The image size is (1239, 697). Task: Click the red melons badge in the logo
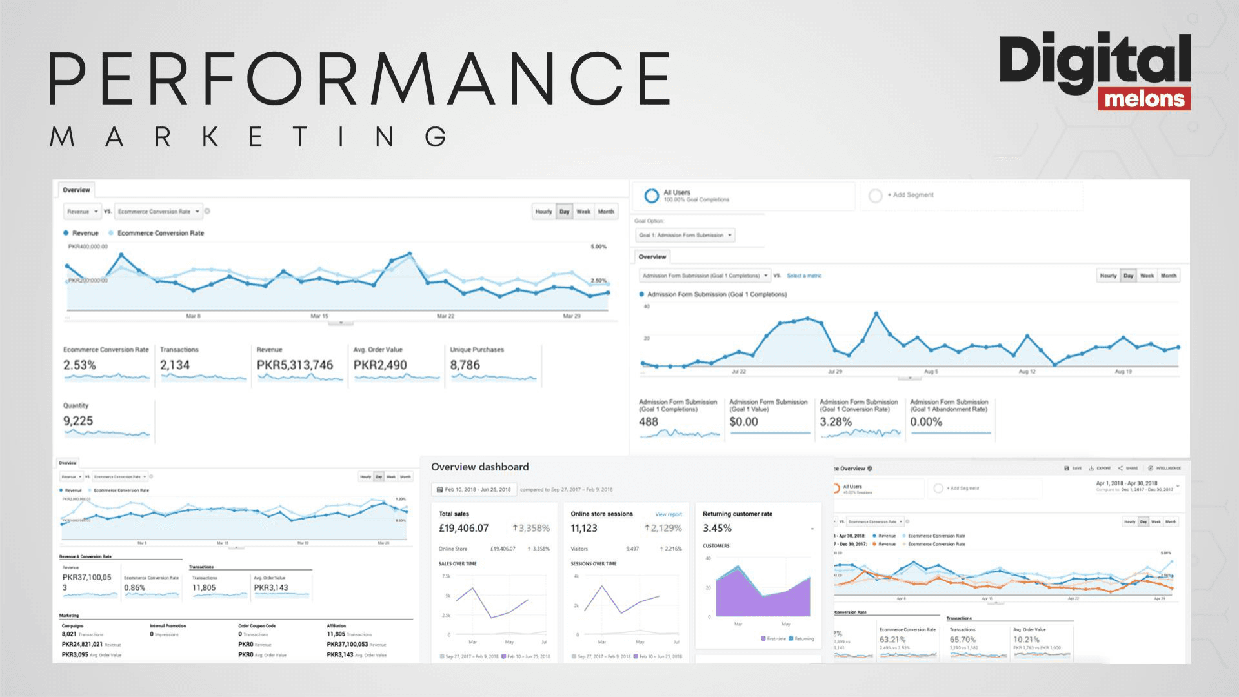tap(1144, 99)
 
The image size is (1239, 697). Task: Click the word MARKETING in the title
tap(248, 137)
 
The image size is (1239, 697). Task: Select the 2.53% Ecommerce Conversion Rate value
tap(79, 365)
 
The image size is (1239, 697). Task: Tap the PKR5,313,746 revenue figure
tap(295, 365)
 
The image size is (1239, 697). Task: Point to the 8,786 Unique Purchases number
tap(465, 365)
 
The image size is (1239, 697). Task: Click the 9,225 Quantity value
tap(78, 421)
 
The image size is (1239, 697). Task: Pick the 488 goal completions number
tap(649, 421)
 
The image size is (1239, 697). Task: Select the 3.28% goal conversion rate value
tap(836, 421)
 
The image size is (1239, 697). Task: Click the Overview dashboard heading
tap(479, 467)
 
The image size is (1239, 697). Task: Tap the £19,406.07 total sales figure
tap(463, 528)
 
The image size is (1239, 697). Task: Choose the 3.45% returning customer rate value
tap(717, 528)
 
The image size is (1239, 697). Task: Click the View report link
tap(669, 514)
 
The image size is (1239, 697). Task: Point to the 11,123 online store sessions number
tap(584, 528)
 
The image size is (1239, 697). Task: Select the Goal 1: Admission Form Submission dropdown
tap(685, 235)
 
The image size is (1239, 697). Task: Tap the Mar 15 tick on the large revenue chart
tap(319, 316)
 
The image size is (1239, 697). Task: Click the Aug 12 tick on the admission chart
tap(1027, 372)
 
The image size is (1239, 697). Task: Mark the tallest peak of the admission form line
tap(876, 313)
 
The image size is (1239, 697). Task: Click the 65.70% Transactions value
tap(962, 640)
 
